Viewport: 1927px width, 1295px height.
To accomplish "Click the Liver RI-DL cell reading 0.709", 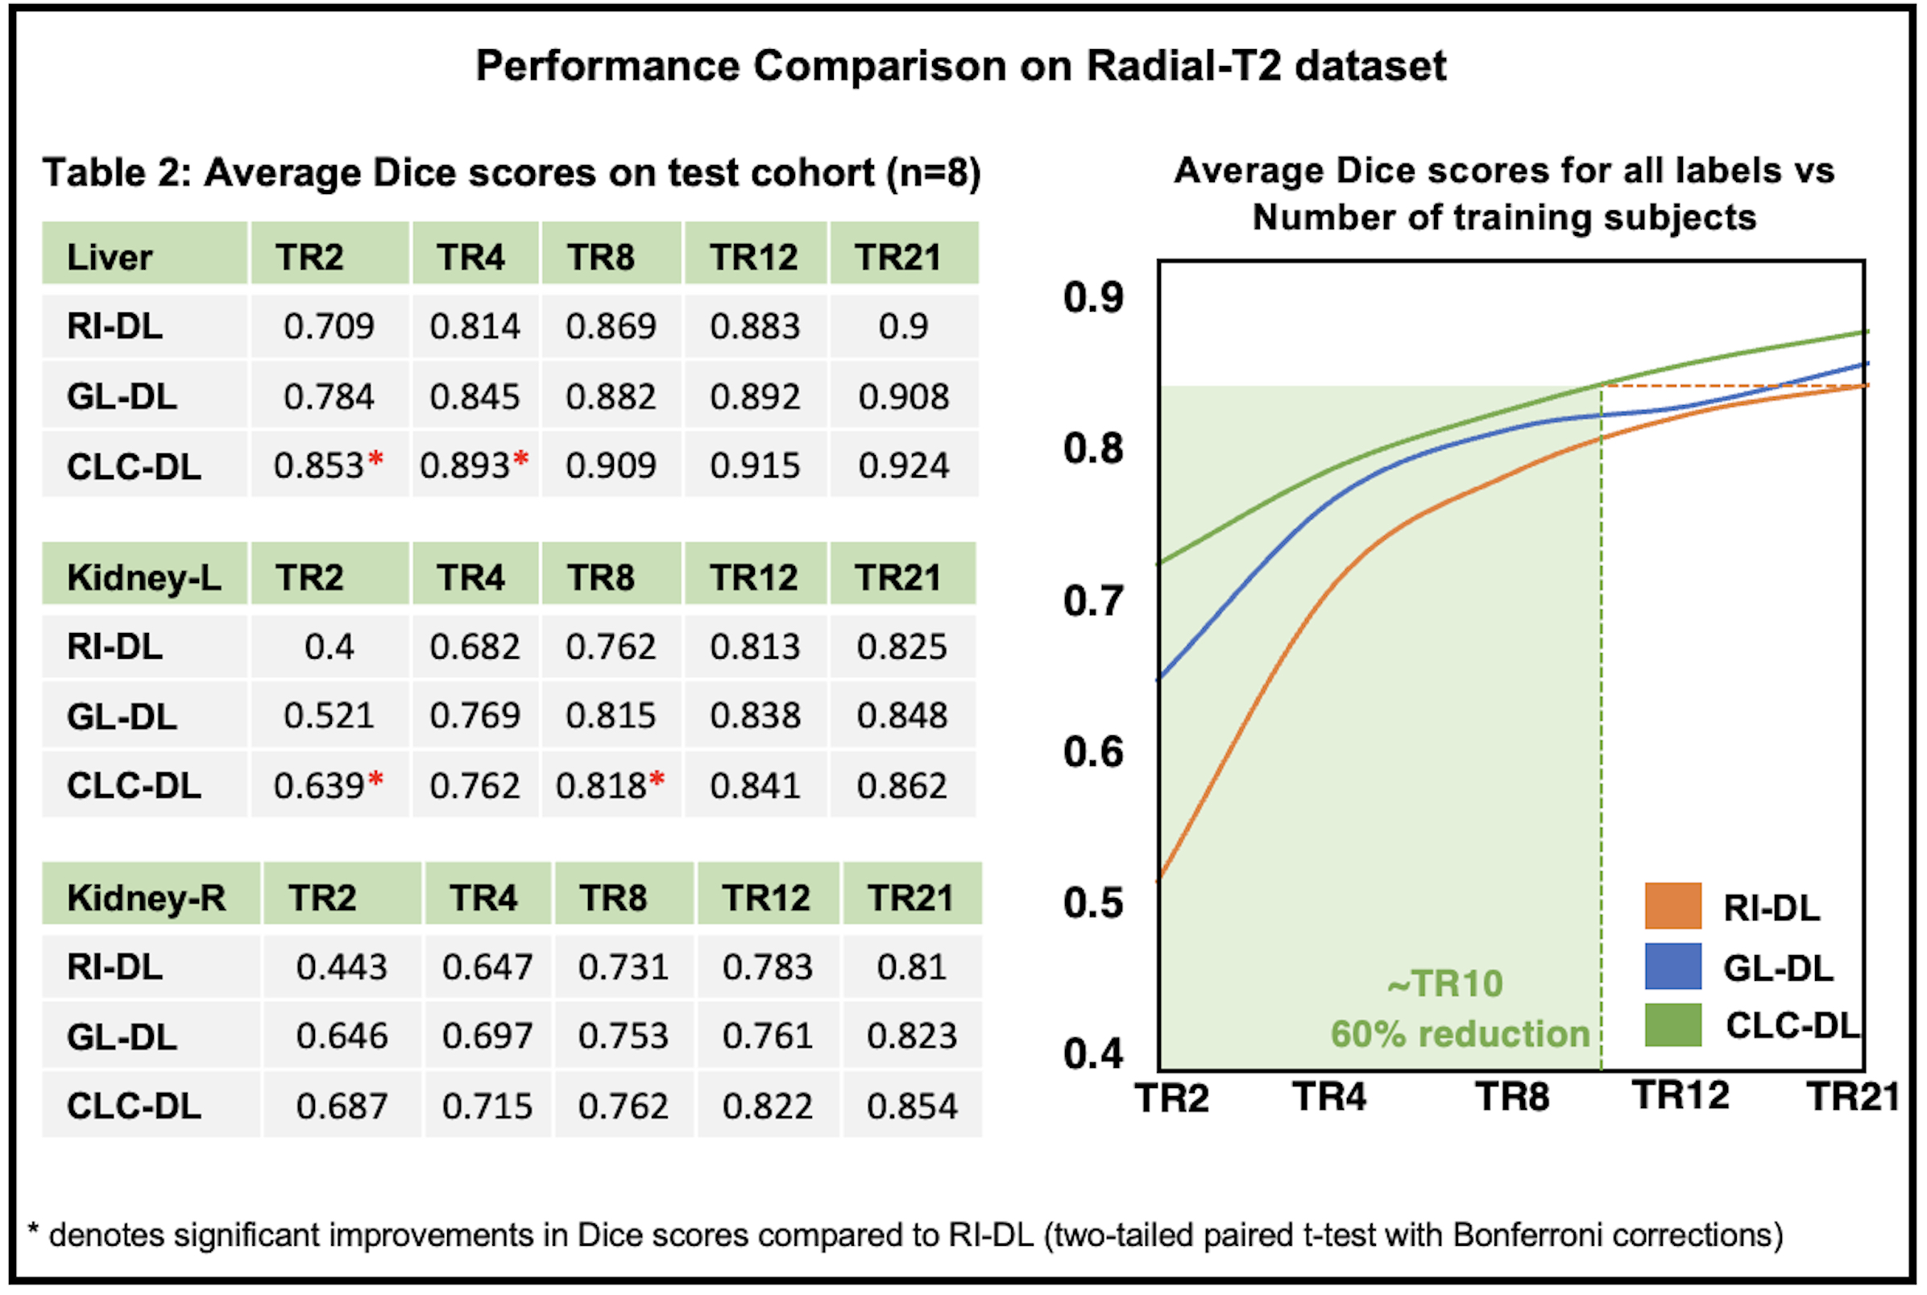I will tap(329, 326).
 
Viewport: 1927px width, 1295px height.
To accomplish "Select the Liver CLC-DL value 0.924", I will tap(904, 465).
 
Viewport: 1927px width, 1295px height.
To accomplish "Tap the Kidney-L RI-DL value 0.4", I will tap(329, 646).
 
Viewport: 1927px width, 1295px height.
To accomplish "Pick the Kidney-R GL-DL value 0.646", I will tap(342, 1036).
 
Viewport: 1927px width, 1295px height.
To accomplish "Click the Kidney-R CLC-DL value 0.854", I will tap(912, 1106).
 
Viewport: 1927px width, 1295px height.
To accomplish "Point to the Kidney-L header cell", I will tap(143, 577).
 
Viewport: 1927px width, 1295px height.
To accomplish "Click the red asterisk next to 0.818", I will tap(657, 779).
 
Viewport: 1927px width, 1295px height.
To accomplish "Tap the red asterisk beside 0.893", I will tap(520, 458).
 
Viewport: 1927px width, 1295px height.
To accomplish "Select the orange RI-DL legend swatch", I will tap(1672, 906).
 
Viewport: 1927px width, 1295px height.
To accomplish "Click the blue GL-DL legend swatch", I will tap(1672, 966).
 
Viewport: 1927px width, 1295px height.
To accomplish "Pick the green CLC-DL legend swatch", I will tap(1672, 1025).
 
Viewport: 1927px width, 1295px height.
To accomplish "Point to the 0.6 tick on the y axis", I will tap(1092, 751).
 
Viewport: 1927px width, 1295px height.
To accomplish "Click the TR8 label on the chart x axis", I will tap(1512, 1097).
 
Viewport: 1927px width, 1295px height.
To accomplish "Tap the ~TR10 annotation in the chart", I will tap(1444, 983).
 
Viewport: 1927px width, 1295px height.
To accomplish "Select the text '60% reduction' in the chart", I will tap(1460, 1034).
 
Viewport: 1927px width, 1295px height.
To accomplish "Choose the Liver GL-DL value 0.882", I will tap(611, 396).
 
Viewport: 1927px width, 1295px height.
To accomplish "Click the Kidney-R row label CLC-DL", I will tap(134, 1106).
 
